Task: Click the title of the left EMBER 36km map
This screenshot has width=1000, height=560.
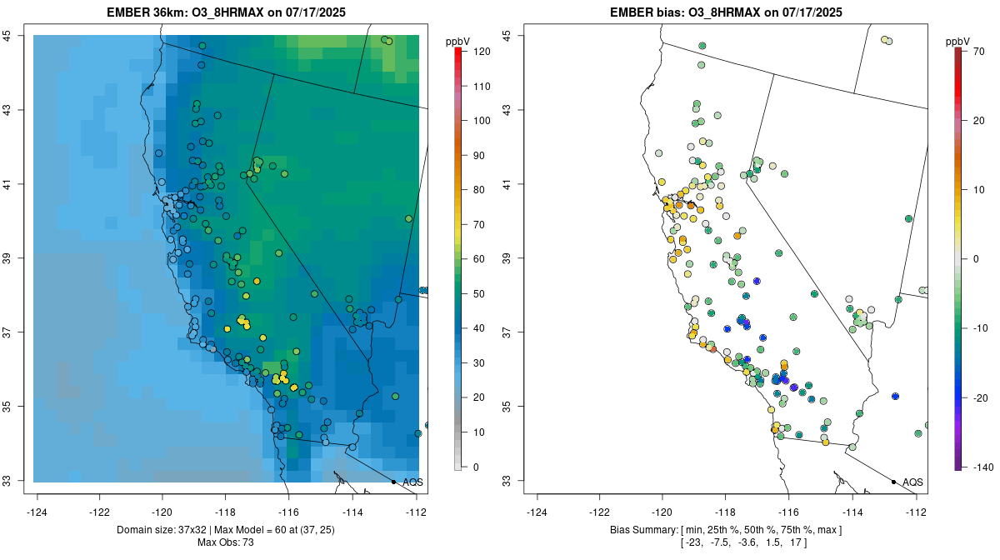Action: (224, 12)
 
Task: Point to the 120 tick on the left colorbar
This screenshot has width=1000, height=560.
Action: (471, 52)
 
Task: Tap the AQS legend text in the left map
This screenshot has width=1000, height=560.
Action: (413, 482)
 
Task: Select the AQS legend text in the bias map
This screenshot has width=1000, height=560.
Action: (913, 482)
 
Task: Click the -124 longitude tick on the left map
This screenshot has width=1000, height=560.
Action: (37, 511)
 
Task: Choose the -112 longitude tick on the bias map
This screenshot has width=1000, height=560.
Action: (916, 511)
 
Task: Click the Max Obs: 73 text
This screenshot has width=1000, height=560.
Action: (226, 542)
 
